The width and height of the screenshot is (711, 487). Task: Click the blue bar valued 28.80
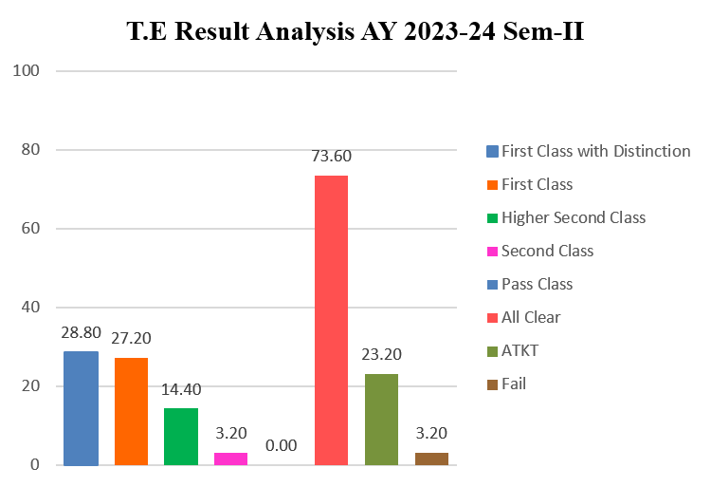[81, 408]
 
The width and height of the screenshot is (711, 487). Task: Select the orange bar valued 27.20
[131, 412]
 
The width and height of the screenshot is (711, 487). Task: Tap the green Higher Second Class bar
[180, 437]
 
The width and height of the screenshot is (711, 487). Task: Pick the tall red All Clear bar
[331, 321]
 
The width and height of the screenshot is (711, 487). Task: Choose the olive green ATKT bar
[381, 420]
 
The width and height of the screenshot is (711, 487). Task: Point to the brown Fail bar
[431, 459]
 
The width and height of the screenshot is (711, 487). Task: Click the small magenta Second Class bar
[230, 459]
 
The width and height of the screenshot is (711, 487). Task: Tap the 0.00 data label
[281, 445]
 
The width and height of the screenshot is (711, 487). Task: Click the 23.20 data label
[381, 355]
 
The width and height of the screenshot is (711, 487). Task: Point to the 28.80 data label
[81, 334]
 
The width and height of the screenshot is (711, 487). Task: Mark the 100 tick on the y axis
[26, 71]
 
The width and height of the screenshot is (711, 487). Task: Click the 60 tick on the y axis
[29, 229]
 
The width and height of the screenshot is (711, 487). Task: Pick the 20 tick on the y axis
[29, 386]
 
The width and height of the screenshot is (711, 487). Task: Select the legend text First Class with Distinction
[595, 151]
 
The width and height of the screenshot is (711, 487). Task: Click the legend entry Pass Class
[537, 284]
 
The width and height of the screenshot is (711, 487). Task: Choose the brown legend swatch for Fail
[492, 384]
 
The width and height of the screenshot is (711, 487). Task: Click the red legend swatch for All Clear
[492, 317]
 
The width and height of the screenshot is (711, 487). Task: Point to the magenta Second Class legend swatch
[492, 251]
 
